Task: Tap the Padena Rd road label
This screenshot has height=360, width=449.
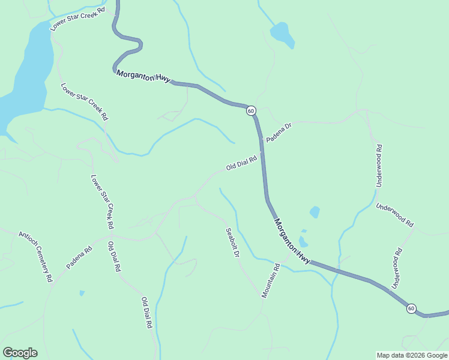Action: [79, 257]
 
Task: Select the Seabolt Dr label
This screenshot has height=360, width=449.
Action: [232, 243]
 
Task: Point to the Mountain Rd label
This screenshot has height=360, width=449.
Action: [271, 281]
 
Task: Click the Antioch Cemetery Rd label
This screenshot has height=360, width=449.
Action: [36, 257]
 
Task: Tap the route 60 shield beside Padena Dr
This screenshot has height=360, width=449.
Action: [251, 111]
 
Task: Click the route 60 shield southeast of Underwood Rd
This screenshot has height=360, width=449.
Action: [411, 308]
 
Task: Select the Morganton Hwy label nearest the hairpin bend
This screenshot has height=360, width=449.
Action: [143, 76]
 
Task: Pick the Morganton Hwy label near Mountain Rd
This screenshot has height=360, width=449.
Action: [292, 241]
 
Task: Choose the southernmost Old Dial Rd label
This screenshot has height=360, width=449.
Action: [146, 313]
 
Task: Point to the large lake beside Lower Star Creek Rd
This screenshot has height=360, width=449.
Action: [27, 72]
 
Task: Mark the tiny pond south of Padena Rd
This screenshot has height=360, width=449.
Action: [82, 293]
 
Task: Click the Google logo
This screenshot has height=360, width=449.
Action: [20, 353]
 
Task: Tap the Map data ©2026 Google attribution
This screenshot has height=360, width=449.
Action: [411, 355]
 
